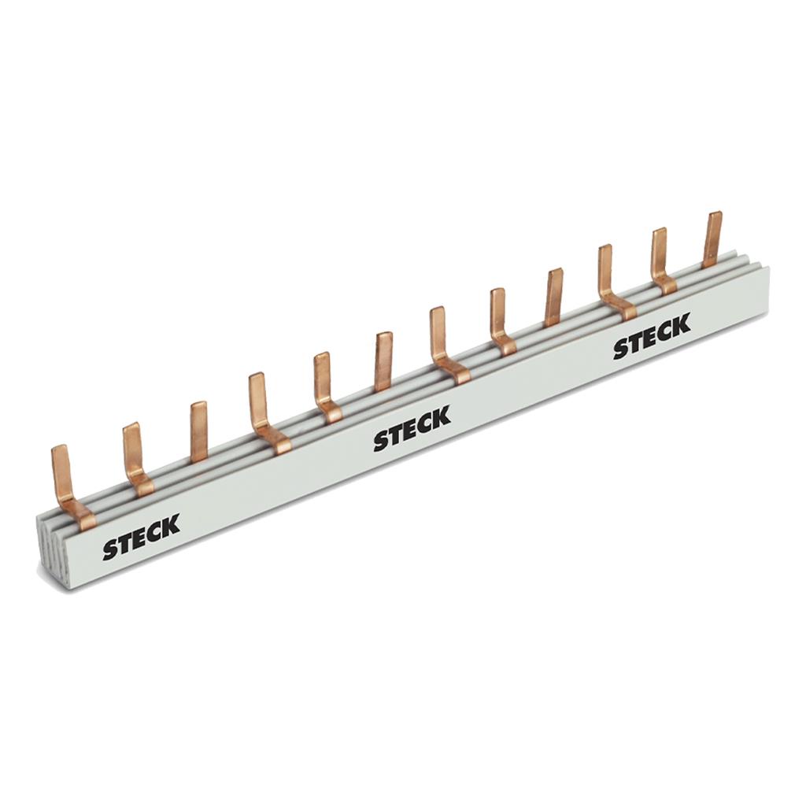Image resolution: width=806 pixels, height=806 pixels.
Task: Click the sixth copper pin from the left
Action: (384, 360)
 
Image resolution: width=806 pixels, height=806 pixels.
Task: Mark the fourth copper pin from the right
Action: (554, 298)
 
